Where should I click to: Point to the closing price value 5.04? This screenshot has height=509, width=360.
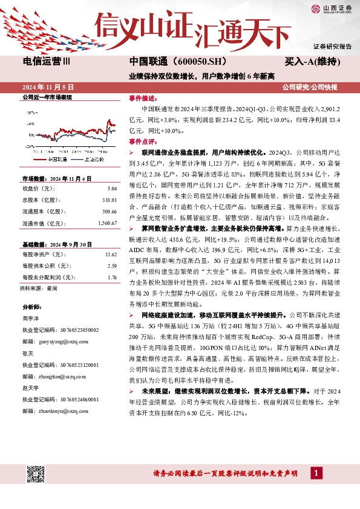(111, 187)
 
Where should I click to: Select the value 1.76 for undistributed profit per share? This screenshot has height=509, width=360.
(111, 277)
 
